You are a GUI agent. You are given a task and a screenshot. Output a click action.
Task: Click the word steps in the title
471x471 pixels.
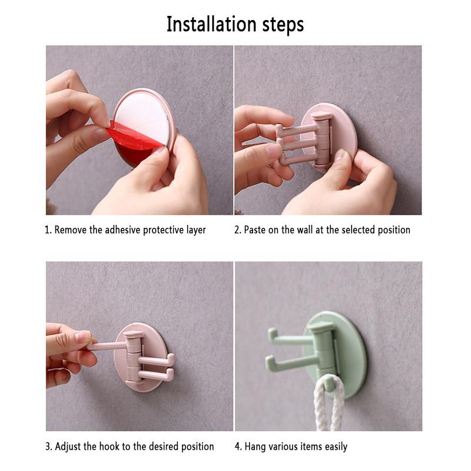coord(282,25)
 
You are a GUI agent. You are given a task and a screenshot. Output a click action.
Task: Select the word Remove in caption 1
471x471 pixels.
coord(71,230)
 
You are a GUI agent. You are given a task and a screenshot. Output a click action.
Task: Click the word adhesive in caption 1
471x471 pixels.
coord(127,230)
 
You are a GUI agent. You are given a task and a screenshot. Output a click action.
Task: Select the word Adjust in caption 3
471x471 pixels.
coord(68,446)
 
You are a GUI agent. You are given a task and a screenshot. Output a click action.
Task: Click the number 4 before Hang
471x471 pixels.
coord(237,446)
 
